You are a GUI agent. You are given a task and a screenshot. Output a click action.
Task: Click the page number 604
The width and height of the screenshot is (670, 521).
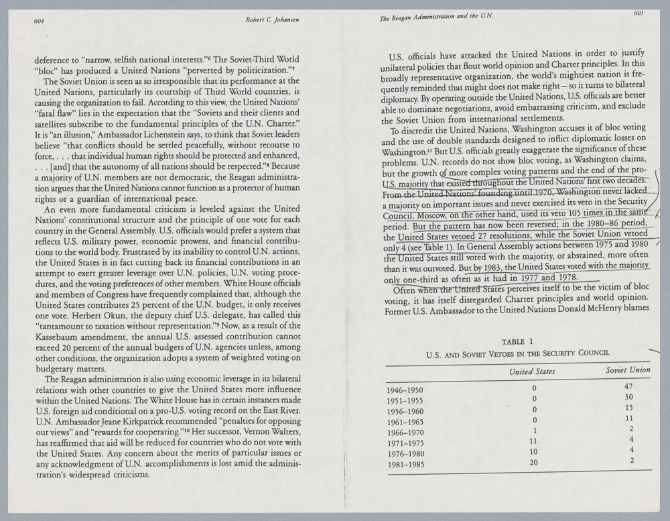[x=40, y=20]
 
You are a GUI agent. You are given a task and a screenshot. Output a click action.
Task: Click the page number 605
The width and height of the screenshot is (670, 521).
[x=636, y=13]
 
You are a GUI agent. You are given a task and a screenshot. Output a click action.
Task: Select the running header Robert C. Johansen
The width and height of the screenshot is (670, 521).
[x=272, y=19]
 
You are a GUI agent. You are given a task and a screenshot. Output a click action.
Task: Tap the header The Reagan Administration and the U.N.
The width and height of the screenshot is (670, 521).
[x=436, y=18]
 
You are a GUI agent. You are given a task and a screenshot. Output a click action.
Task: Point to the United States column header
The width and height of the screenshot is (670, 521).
[x=532, y=371]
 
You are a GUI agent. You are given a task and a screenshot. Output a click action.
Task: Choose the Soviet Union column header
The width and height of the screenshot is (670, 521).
[x=627, y=370]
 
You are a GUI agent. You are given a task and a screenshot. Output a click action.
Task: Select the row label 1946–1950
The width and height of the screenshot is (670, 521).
[x=405, y=390]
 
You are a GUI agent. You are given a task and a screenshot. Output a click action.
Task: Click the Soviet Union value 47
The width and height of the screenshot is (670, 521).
[x=628, y=387]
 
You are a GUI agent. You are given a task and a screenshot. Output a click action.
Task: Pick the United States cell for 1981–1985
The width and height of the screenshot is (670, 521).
[x=534, y=462]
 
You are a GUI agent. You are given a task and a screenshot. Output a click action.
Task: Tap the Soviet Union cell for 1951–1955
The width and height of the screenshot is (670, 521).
[x=628, y=397]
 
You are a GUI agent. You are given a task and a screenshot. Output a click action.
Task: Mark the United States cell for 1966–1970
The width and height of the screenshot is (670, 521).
[x=534, y=430]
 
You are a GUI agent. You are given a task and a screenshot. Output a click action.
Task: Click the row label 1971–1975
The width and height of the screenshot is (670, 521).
[x=405, y=443]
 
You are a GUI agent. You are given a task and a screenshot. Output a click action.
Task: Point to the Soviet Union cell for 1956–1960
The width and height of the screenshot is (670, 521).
[x=628, y=408]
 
